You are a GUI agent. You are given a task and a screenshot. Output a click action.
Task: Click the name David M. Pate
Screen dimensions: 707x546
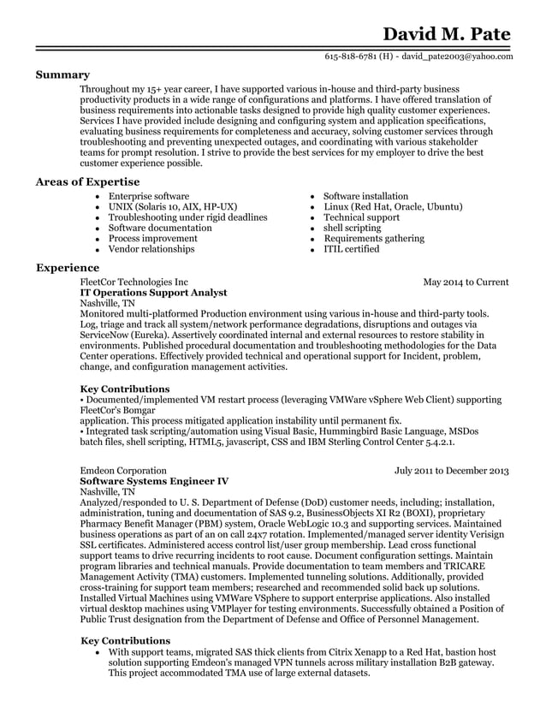tap(446, 33)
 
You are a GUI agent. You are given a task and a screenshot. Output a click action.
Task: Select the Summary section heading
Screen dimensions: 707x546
tap(62, 75)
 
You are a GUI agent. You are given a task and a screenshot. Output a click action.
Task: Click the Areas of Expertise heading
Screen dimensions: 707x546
tap(87, 182)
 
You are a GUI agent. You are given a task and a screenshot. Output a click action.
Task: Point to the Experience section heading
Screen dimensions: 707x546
tap(68, 268)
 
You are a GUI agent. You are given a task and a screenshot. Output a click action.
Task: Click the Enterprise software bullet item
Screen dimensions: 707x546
tap(148, 197)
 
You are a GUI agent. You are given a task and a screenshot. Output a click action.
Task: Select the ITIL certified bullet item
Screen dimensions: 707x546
tap(351, 249)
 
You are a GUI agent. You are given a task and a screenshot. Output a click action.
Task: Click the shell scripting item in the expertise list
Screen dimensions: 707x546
tap(352, 229)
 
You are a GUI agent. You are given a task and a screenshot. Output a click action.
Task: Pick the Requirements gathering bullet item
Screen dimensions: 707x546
tap(372, 239)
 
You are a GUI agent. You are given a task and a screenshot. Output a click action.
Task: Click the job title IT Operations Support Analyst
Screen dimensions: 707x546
tap(153, 293)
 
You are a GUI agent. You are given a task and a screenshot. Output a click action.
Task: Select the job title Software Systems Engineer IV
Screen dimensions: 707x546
tap(154, 482)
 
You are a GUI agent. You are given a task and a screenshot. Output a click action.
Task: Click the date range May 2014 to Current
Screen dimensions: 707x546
tap(466, 282)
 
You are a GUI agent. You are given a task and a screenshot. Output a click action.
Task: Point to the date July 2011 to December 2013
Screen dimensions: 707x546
tap(451, 471)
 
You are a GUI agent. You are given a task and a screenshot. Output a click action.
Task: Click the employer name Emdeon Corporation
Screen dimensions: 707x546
tap(122, 471)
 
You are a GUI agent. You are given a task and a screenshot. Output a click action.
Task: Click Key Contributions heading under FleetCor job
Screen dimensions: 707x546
tap(124, 389)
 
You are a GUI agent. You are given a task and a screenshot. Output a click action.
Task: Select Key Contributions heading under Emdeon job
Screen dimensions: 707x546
tap(125, 641)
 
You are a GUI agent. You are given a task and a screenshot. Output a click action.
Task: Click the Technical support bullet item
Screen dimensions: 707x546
tap(361, 217)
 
